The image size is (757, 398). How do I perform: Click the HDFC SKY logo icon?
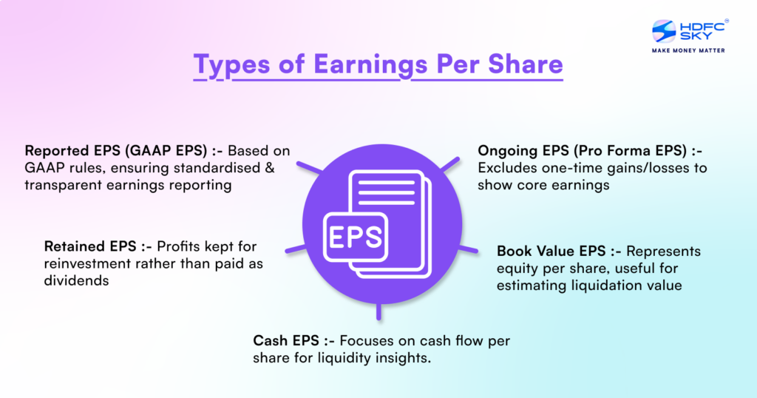point(664,32)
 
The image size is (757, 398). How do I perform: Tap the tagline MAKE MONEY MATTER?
point(687,51)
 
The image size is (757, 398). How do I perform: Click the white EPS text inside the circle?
point(355,237)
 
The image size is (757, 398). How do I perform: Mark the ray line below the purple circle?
point(378,311)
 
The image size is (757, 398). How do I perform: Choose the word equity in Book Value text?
point(518,269)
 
